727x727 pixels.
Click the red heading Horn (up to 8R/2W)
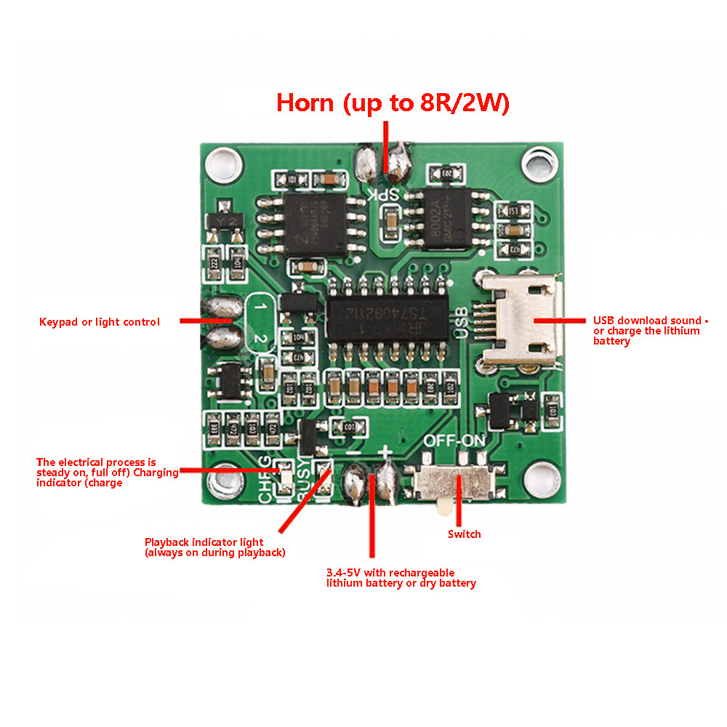coord(393,103)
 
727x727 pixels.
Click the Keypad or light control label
coord(99,321)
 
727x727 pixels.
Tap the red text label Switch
coord(464,534)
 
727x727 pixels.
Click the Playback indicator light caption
coord(214,547)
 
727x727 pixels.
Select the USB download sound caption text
coord(647,331)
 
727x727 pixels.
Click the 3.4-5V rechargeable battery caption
coord(401,578)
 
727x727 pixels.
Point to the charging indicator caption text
coord(107,473)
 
